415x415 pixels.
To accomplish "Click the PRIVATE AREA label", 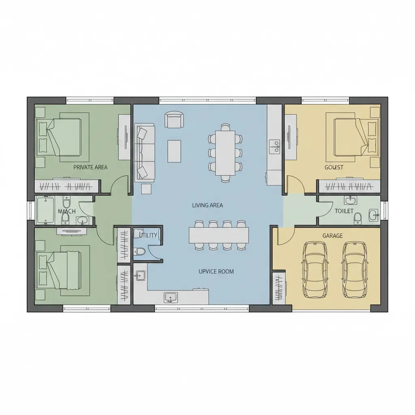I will point(90,167).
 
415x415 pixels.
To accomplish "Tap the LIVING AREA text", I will point(207,205).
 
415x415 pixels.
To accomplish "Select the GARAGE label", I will point(333,235).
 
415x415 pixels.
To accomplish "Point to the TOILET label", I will point(344,211).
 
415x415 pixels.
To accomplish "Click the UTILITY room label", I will point(148,235).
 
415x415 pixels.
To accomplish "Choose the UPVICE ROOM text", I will point(216,272).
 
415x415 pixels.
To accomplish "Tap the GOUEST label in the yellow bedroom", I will point(334,167).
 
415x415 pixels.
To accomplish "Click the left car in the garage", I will point(314,269).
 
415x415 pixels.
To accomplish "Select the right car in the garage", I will point(354,269).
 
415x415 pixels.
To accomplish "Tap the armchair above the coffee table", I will point(174,120).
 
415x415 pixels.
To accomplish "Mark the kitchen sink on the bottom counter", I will point(171,297).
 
